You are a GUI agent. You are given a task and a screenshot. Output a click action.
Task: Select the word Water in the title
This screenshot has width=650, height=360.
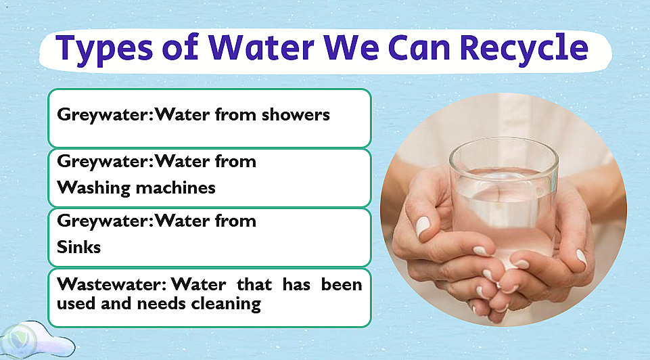coord(261,47)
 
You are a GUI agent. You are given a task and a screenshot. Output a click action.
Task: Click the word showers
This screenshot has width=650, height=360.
coord(296,114)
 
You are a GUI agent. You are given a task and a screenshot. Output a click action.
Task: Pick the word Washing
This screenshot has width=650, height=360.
coord(94,188)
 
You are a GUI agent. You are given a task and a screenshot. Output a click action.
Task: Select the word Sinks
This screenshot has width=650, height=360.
coord(78,247)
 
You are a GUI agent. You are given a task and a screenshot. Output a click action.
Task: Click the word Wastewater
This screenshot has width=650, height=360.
coord(112,284)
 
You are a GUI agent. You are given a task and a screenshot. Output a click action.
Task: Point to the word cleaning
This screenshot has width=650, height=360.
coord(226,304)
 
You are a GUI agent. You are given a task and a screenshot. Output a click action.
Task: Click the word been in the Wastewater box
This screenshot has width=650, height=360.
coord(342,284)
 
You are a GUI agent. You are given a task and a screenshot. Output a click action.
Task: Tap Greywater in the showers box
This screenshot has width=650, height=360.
coord(106,115)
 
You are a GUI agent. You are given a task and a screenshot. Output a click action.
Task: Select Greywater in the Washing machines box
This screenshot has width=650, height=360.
coord(106,161)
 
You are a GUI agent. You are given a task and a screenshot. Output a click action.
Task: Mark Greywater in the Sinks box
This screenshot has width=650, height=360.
coord(106,221)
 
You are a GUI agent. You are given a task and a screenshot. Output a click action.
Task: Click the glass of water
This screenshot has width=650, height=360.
coord(504,199)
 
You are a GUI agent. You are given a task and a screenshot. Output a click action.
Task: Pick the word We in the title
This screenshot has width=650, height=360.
coord(351,47)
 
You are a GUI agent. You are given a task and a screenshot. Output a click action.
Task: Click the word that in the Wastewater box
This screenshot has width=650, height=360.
coord(254,284)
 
